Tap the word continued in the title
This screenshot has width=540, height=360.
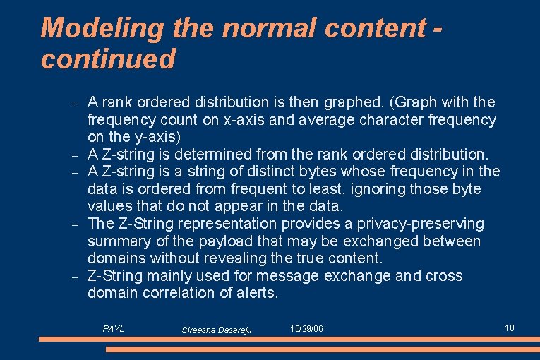[x=108, y=59]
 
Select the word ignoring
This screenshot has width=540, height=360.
[x=378, y=188]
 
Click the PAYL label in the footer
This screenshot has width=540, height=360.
[x=114, y=329]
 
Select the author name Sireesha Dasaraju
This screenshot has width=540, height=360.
[x=217, y=330]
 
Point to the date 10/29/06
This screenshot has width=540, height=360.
[x=307, y=329]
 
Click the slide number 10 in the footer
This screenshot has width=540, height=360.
[x=510, y=328]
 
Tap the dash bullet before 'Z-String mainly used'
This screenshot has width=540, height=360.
[x=75, y=276]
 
